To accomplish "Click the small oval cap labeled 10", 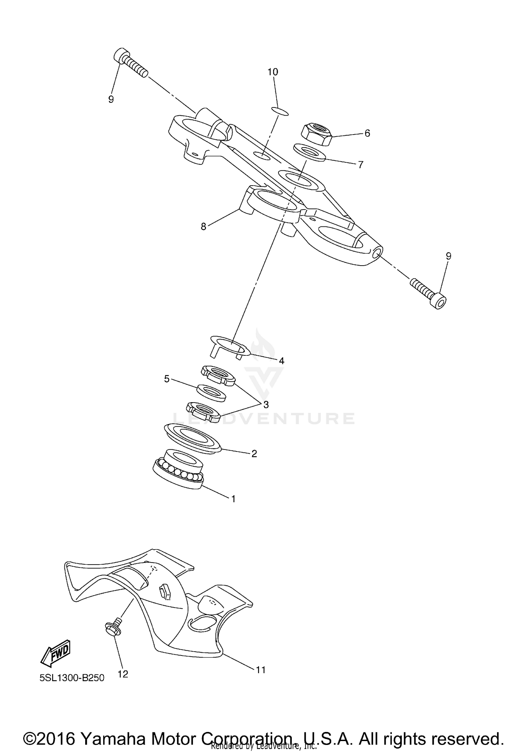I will [x=281, y=112].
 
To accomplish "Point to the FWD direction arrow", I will [x=56, y=653].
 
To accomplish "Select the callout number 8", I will [x=203, y=226].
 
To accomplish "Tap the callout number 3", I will [x=266, y=405].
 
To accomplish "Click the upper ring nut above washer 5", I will [x=218, y=375].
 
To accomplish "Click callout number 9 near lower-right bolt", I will [x=448, y=256].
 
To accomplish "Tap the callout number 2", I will [x=254, y=454].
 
